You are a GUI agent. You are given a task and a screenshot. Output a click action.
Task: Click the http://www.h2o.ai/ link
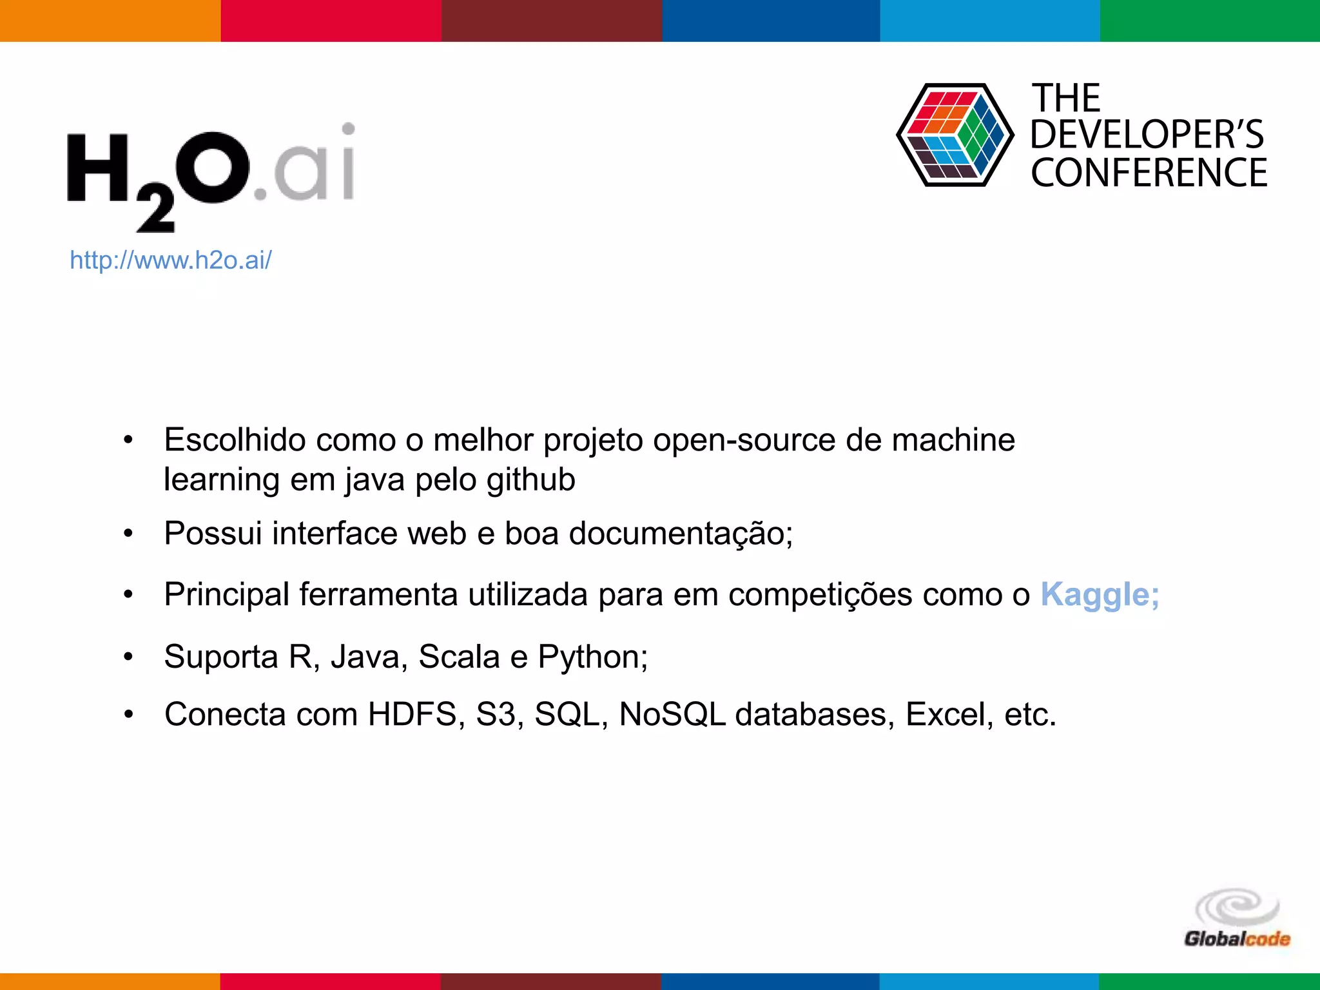(171, 260)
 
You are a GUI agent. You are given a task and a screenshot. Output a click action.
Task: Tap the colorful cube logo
(955, 135)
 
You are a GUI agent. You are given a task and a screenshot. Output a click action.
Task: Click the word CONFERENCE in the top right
(1149, 173)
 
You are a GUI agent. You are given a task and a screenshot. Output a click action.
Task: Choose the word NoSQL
(672, 715)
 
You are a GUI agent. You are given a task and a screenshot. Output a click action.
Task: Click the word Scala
(459, 657)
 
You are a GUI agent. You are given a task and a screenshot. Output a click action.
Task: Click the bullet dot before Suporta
(128, 657)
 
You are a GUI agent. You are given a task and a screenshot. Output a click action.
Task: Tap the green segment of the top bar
(1209, 21)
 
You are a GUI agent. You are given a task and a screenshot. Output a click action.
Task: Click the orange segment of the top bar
(110, 21)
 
